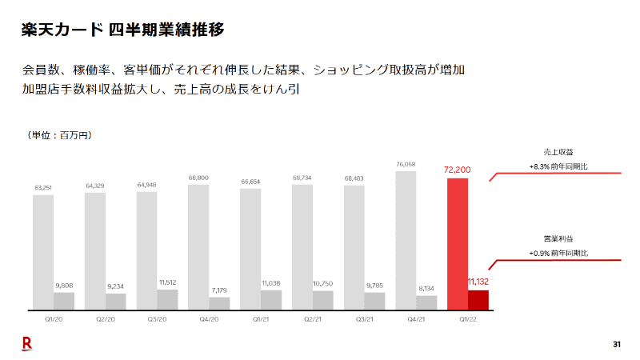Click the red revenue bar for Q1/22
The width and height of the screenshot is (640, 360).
[457, 240]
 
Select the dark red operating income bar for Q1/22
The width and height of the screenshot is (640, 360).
[478, 300]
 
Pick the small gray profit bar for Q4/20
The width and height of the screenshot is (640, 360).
[218, 303]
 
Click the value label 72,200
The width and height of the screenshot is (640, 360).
[458, 170]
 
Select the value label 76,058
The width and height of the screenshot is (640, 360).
[406, 165]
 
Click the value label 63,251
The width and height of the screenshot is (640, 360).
[43, 188]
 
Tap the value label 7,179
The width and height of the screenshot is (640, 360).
[219, 290]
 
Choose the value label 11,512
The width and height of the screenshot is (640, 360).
[167, 282]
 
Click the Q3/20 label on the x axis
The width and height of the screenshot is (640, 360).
[157, 318]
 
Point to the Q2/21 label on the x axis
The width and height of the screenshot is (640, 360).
[313, 318]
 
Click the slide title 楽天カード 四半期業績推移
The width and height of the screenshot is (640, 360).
[122, 30]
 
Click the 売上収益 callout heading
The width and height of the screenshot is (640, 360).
[558, 151]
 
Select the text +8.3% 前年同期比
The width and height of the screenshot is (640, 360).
[558, 166]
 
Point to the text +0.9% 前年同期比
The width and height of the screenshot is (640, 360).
[558, 253]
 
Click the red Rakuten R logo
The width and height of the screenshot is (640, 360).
[26, 344]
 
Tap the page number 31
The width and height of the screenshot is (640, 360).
[616, 345]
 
